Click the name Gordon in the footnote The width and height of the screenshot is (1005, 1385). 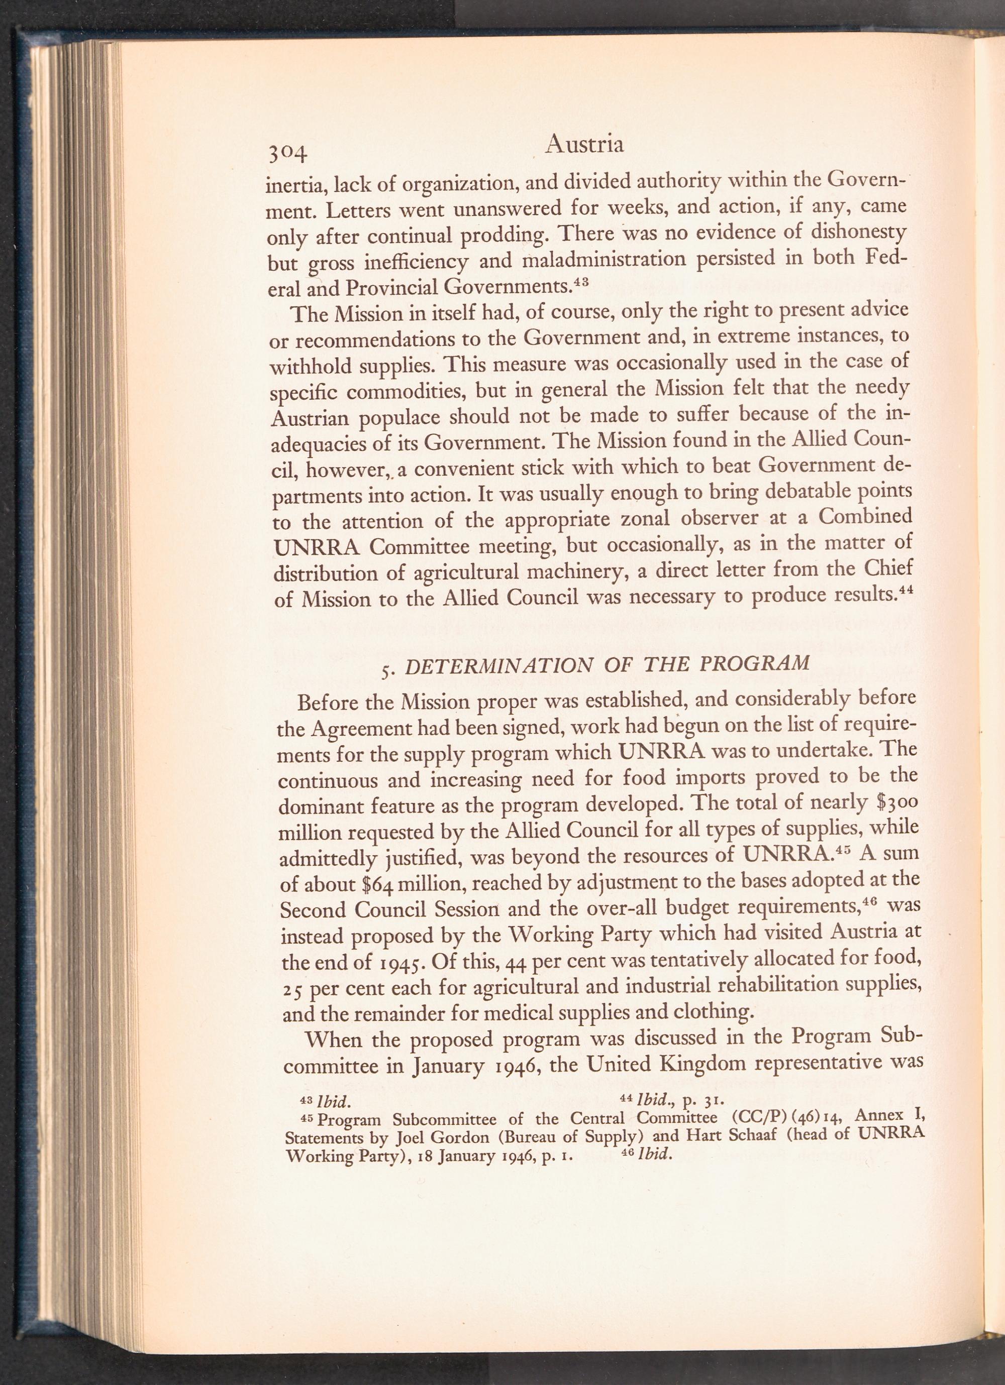click(x=434, y=1138)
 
